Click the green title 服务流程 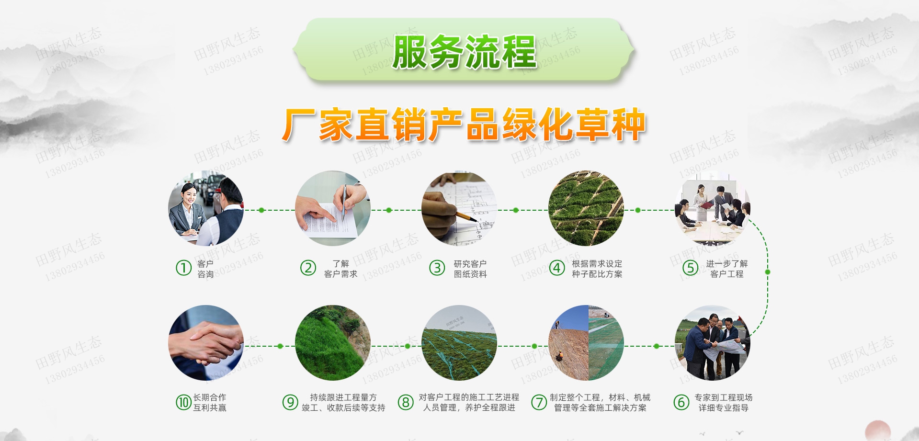[464, 52]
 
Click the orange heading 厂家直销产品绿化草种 [464, 125]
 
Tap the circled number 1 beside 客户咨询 [183, 268]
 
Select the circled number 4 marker [556, 268]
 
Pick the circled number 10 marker [183, 402]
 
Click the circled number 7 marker [539, 402]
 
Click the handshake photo [206, 343]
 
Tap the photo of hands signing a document [333, 209]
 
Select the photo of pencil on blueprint [459, 209]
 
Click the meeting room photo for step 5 [712, 209]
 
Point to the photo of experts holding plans [712, 343]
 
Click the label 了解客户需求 [340, 269]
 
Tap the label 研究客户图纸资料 [470, 269]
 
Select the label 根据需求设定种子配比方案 [597, 269]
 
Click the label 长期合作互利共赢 [209, 402]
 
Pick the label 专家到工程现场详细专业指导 [723, 402]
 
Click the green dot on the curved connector [767, 272]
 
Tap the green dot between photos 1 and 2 [261, 210]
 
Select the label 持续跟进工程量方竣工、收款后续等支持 [343, 402]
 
